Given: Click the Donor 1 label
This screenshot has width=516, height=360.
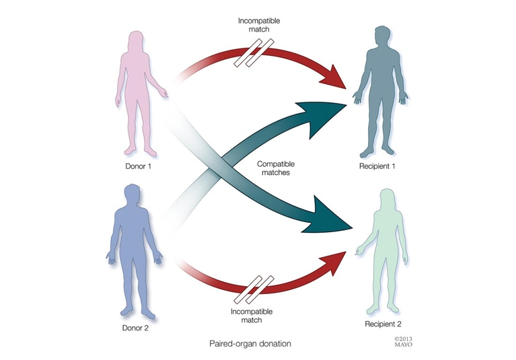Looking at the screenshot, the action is (138, 166).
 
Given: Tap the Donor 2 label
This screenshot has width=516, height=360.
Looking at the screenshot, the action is (135, 328).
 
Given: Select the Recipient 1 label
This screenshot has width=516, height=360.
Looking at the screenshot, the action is (377, 166).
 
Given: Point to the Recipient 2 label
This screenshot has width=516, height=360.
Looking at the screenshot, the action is (383, 324).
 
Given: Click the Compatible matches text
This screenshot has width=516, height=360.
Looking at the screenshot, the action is (276, 168).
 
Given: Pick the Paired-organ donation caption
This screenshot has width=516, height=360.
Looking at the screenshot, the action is (250, 344).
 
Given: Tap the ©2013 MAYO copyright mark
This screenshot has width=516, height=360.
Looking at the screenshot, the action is (403, 342).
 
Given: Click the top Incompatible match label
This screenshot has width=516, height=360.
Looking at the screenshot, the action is (259, 25).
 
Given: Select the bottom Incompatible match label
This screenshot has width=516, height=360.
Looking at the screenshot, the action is (252, 316).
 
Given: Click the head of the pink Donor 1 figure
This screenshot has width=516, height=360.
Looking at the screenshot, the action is (136, 40).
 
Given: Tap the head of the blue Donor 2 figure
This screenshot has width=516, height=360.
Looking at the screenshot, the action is (133, 194).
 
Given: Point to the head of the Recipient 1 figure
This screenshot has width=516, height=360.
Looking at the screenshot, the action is (383, 36).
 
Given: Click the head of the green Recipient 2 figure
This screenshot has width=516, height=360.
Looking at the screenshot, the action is (388, 199).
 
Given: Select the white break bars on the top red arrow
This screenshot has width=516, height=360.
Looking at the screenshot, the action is (254, 53).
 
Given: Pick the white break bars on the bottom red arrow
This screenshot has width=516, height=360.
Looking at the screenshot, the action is (254, 290).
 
